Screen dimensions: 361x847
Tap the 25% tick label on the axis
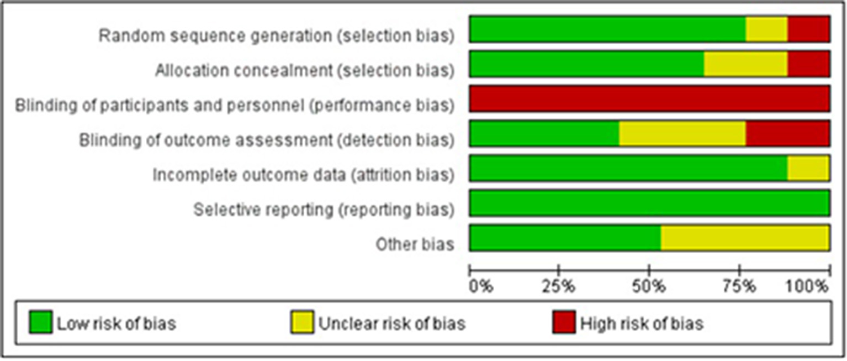click(559, 287)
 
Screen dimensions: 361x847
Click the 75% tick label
click(740, 287)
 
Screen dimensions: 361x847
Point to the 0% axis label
click(480, 287)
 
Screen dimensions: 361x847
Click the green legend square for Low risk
click(40, 322)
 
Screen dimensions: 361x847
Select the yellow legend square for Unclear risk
click(302, 322)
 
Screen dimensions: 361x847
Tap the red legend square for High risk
click(563, 322)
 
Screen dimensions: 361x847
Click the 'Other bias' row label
click(415, 244)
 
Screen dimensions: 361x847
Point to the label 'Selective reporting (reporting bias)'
click(324, 210)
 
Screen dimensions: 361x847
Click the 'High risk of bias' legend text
click(641, 323)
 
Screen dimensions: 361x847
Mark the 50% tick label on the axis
click(649, 287)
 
